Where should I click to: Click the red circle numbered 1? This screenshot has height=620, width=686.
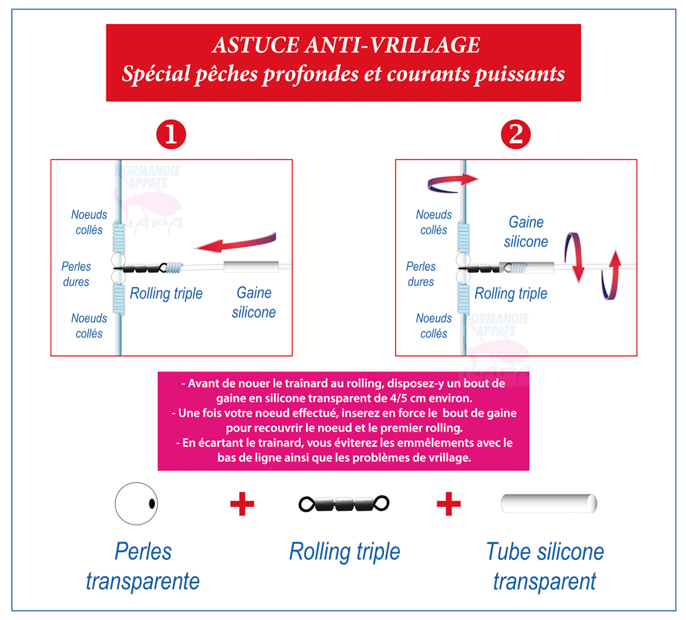point(171,134)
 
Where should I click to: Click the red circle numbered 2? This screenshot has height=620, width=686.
point(516,134)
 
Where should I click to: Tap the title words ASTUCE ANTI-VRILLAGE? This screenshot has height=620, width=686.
point(346,45)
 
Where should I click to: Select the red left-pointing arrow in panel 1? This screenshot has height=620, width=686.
point(235,242)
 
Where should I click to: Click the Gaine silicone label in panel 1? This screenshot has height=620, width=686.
point(254,303)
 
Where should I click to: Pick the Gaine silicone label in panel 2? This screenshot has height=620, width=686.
point(526,232)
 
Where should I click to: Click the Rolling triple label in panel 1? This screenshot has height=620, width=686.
point(166,293)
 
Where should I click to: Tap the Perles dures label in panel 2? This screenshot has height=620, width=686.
point(421,274)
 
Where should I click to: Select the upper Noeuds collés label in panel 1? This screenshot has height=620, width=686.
point(89,222)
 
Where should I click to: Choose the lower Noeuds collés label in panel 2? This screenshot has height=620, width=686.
point(434,326)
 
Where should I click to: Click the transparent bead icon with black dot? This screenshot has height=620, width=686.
point(136,503)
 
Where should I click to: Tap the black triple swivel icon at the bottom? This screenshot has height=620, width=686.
point(344,503)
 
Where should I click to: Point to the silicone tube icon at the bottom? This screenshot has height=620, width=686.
point(549,503)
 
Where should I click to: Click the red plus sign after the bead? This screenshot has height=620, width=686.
point(242,503)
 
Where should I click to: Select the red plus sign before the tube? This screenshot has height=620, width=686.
point(449,503)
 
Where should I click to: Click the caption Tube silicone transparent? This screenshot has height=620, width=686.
point(545,566)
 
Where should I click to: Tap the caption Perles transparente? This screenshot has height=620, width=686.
point(143,566)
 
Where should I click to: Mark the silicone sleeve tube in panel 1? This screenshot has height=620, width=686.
point(251,266)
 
